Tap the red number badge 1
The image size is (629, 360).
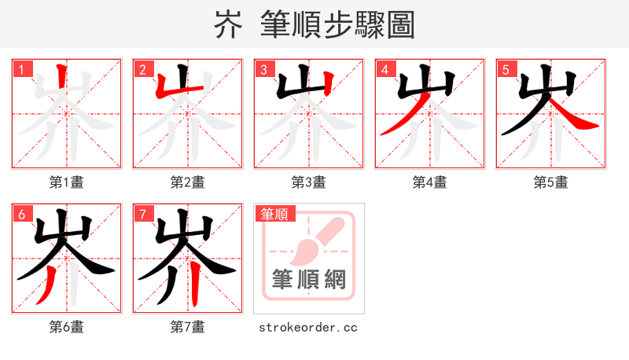click(x=21, y=70)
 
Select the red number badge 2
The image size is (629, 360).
click(x=142, y=70)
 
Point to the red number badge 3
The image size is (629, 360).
click(x=263, y=70)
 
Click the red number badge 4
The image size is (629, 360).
click(x=384, y=70)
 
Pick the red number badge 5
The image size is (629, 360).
click(x=506, y=70)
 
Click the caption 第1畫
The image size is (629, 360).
click(x=67, y=182)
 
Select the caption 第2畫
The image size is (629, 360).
click(x=188, y=182)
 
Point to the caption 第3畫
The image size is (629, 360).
click(x=309, y=182)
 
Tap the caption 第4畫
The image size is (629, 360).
click(x=430, y=182)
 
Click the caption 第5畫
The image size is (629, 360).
click(x=551, y=182)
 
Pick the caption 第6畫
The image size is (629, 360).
click(x=67, y=326)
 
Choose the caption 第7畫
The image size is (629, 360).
click(x=188, y=326)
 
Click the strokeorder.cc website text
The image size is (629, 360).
click(x=308, y=327)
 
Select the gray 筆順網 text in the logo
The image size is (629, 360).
click(x=309, y=280)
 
